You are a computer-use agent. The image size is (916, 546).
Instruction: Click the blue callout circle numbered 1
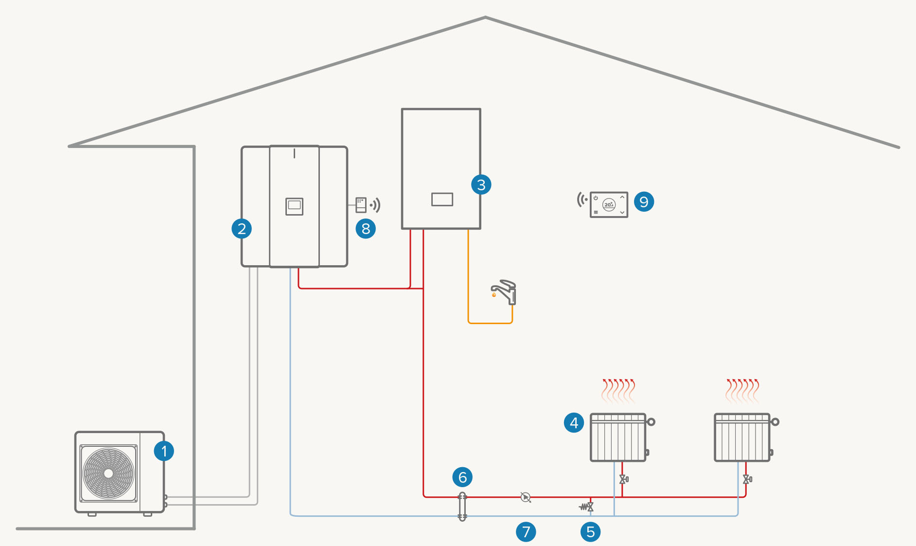pos(164,451)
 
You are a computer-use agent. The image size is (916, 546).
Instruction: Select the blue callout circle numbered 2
pos(242,228)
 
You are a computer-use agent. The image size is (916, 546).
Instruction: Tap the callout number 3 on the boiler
pos(481,185)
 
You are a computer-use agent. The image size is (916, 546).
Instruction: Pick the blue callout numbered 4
pos(574,422)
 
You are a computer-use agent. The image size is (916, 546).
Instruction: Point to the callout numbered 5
pos(590,532)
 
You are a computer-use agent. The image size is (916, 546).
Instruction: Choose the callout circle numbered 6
pos(462,477)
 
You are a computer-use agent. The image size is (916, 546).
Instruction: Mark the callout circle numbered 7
pos(526,532)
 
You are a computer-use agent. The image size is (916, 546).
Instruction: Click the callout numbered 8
pos(366,229)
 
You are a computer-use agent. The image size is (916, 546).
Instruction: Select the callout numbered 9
pos(644,201)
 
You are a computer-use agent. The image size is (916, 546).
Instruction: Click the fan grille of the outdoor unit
pos(108,473)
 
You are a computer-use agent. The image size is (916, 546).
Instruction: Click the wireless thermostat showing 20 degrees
pos(609,204)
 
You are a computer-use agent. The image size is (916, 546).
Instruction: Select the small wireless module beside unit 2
pos(361,205)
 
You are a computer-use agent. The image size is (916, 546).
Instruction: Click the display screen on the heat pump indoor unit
pos(294,206)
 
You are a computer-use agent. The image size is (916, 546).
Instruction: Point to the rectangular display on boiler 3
pos(442,199)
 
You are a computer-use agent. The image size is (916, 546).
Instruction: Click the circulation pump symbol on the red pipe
pos(525,497)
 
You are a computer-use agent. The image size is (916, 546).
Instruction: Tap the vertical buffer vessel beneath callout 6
pos(462,507)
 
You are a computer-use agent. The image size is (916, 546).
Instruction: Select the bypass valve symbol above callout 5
pos(587,507)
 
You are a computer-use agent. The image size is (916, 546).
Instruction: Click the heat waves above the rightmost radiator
pos(742,391)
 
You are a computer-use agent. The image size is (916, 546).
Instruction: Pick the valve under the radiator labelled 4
pos(623,479)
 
